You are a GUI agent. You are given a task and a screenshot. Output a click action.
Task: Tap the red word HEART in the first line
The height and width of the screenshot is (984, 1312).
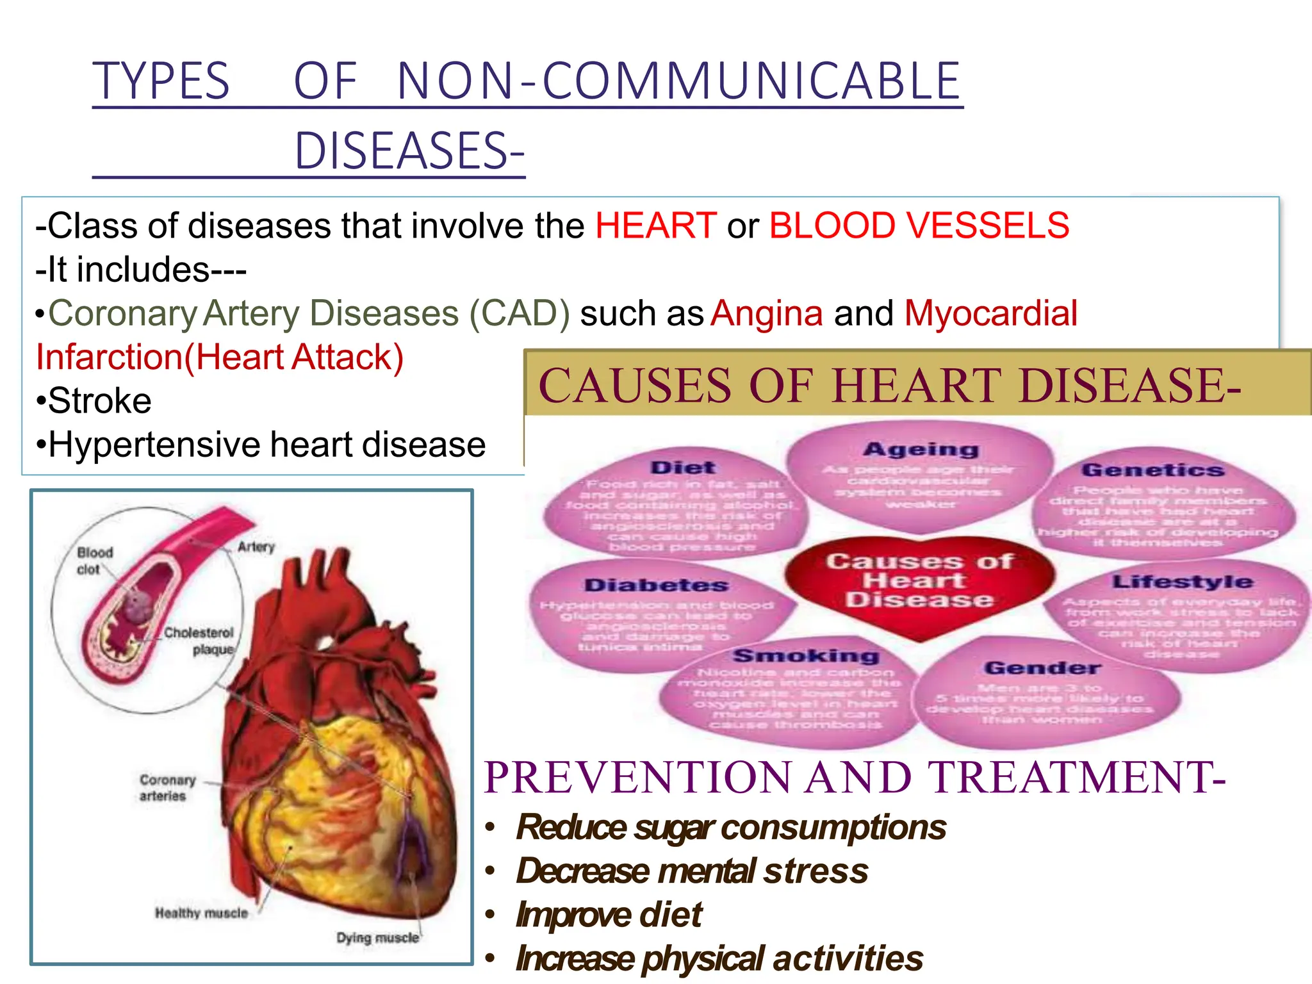[655, 225]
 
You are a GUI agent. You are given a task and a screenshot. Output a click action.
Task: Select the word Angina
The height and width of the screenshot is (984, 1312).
[766, 313]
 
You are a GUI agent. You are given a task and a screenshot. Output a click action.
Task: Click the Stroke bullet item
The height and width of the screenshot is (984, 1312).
[99, 401]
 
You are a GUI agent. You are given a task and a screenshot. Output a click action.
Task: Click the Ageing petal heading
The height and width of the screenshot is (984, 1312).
[921, 450]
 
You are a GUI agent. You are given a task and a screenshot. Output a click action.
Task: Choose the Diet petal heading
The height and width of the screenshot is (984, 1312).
[683, 468]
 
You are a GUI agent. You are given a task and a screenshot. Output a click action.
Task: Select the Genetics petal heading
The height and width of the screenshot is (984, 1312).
[1152, 470]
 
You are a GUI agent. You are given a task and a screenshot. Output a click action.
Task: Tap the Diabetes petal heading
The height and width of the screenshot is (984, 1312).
[656, 586]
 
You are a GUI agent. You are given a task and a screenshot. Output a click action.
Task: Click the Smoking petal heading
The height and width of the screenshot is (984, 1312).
[806, 656]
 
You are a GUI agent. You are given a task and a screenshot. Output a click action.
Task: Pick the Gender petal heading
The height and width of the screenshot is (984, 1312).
[1042, 669]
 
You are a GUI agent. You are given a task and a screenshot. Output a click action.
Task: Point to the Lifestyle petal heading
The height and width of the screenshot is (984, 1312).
[1182, 582]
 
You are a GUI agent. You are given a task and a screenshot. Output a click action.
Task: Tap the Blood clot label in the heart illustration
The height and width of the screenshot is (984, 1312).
[94, 561]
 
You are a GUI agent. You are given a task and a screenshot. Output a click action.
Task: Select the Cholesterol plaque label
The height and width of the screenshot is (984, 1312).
[199, 641]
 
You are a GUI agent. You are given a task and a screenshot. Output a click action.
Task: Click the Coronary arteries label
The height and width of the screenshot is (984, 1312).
[167, 788]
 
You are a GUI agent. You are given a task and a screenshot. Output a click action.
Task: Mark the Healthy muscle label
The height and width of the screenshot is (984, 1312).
[201, 914]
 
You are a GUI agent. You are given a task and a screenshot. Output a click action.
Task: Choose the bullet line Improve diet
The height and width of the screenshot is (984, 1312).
[609, 915]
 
